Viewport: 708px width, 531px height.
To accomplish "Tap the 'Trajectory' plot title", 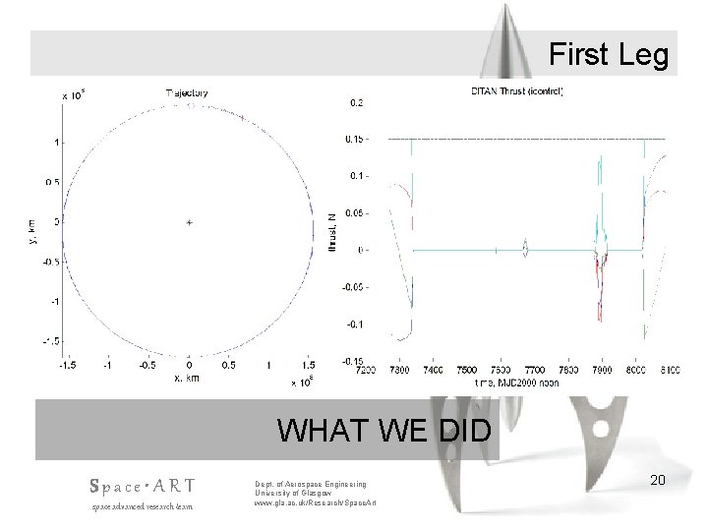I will (189, 93).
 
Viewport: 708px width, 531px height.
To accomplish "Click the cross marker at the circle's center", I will (188, 222).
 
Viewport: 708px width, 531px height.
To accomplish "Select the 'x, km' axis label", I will (189, 377).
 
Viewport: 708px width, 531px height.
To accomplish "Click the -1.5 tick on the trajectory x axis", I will (65, 365).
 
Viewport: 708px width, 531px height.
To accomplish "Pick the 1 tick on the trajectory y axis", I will (58, 143).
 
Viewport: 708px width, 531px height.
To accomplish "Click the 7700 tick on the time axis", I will (532, 371).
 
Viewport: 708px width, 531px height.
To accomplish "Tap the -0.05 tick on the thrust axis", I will (355, 287).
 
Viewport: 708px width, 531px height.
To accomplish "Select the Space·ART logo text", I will (142, 486).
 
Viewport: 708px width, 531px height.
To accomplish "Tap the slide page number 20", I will (659, 479).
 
